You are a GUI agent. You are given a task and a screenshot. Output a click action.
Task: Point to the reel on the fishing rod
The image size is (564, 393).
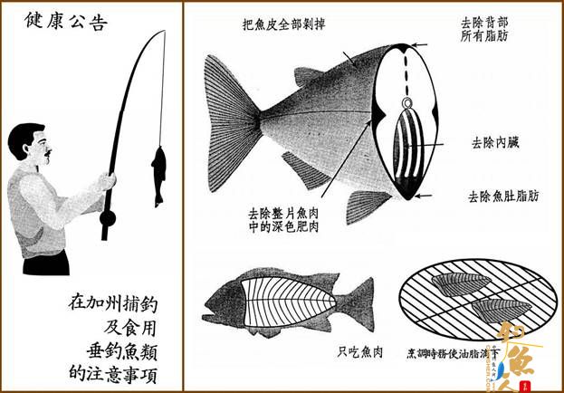pos(110,218)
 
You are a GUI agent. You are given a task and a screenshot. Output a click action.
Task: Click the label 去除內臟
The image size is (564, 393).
pos(494,142)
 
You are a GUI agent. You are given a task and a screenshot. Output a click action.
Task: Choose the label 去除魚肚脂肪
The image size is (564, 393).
pos(504,195)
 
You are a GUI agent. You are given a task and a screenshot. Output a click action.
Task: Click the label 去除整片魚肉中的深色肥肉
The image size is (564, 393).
pos(283,224)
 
